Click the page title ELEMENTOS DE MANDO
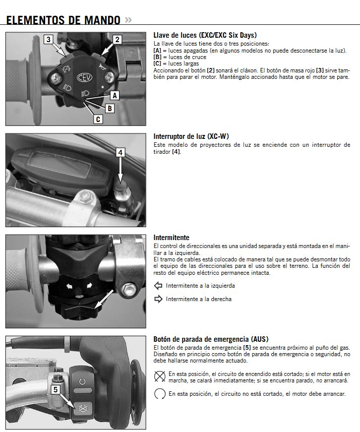[63, 20]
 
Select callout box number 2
[117, 39]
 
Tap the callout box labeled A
[115, 95]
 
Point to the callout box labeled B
[110, 107]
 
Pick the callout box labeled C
[98, 119]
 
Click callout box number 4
[120, 153]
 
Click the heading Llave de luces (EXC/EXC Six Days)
[205, 35]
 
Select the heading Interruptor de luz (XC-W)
[191, 136]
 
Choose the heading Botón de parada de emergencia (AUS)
[211, 339]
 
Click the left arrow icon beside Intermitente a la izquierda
[158, 286]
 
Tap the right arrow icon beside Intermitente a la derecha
[158, 299]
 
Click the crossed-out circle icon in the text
[160, 376]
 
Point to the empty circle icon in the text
[160, 394]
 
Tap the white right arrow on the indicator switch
[90, 286]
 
